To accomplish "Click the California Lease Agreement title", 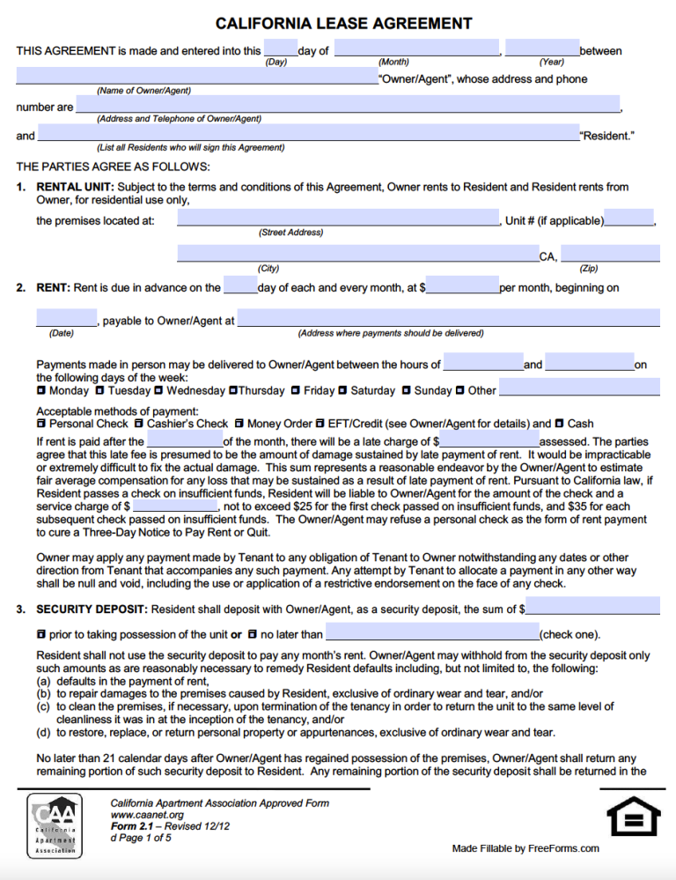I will pyautogui.click(x=344, y=24).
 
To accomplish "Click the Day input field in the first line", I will pyautogui.click(x=280, y=48).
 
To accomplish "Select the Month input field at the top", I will pyautogui.click(x=417, y=48).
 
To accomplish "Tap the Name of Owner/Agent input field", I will pyautogui.click(x=196, y=77).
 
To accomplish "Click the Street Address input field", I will pyautogui.click(x=338, y=218).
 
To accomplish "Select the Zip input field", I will pyautogui.click(x=610, y=254).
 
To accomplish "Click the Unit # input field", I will pyautogui.click(x=628, y=218).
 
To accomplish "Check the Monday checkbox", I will pyautogui.click(x=41, y=390).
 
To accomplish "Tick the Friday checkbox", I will pyautogui.click(x=296, y=390).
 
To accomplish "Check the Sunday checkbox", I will pyautogui.click(x=407, y=390).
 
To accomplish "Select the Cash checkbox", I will pyautogui.click(x=560, y=424).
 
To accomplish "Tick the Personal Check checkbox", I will pyautogui.click(x=41, y=424).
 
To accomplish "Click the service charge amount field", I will pyautogui.click(x=174, y=506).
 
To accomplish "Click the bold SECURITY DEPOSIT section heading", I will pyautogui.click(x=91, y=609).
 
